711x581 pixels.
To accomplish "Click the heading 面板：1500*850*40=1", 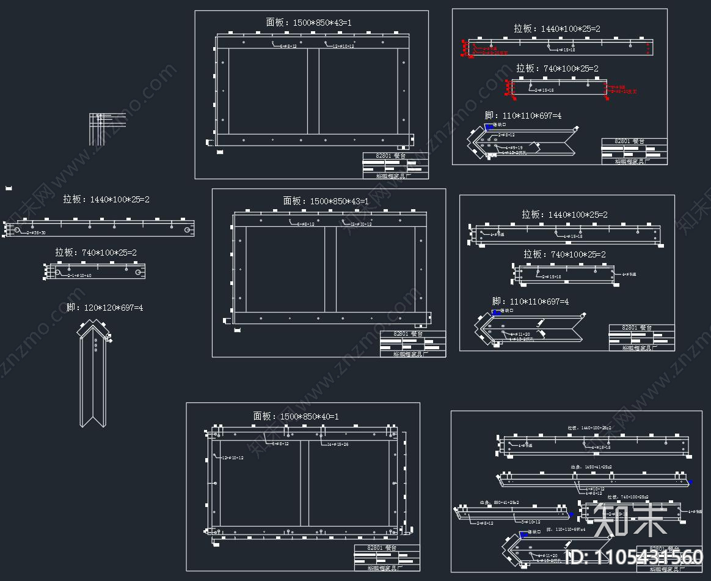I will (x=296, y=416).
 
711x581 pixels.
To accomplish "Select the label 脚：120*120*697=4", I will (x=104, y=308).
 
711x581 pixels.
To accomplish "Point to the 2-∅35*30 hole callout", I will (x=36, y=233).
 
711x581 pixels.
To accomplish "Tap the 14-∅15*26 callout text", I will (x=338, y=444).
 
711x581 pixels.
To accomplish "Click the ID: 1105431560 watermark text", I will (x=635, y=557).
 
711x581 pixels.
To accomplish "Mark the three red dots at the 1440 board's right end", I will (x=647, y=45).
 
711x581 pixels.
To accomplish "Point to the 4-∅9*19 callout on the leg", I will (x=513, y=147).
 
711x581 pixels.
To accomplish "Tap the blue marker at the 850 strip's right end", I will (x=571, y=514).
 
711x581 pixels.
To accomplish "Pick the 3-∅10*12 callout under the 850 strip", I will (x=531, y=522).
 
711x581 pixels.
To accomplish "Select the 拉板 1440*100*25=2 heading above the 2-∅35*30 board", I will (x=106, y=199).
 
